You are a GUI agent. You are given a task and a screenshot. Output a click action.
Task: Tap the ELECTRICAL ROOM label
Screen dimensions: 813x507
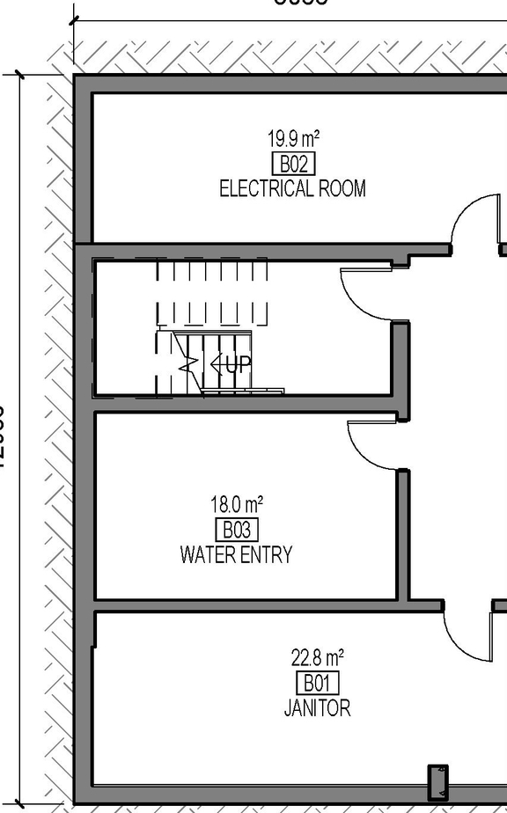point(292,188)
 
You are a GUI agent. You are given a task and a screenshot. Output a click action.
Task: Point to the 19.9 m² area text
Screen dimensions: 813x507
point(293,139)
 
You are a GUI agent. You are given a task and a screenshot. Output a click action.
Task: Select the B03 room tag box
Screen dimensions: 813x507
point(237,530)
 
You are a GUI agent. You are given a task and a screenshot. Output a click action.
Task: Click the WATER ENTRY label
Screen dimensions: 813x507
point(236,554)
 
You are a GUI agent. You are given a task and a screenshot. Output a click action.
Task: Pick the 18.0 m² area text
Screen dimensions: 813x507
point(237,505)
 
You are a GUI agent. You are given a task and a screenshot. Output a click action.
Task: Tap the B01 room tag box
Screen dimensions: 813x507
point(317,683)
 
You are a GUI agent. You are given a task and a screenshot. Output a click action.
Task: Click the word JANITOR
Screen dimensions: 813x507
point(317,707)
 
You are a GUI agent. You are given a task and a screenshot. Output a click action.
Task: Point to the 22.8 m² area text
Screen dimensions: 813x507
point(317,657)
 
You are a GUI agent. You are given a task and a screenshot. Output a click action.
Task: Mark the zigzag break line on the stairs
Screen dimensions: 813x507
point(187,363)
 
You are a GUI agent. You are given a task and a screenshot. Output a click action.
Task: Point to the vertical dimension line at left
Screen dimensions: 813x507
point(19,440)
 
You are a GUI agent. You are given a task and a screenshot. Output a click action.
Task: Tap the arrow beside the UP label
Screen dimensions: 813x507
point(215,363)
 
